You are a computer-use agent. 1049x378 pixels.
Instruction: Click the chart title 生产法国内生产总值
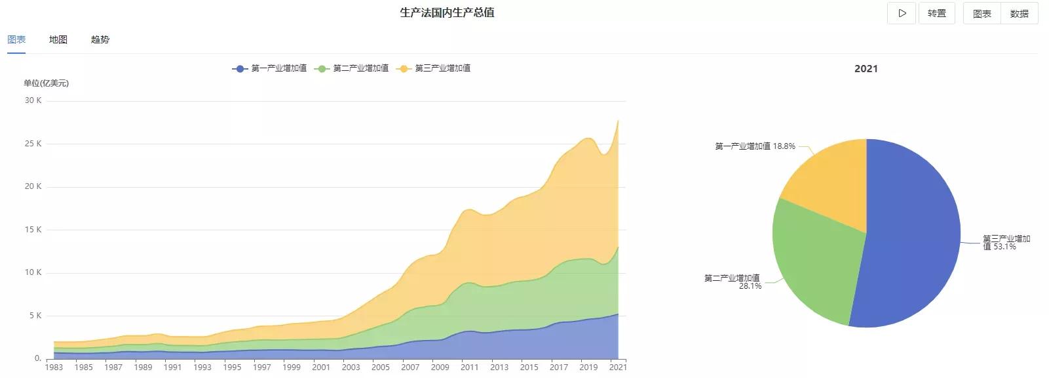point(447,12)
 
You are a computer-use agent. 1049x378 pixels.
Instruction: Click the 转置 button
point(936,13)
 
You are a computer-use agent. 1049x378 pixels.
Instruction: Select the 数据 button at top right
point(1019,13)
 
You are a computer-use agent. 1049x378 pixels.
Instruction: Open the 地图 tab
point(58,39)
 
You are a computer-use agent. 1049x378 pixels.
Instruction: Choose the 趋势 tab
point(100,39)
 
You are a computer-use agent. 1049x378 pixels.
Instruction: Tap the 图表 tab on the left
point(16,39)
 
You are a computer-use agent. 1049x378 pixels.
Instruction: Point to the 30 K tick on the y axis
point(33,100)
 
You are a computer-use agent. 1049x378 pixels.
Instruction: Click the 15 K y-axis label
point(33,230)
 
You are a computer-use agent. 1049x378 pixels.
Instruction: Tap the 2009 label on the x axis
point(440,367)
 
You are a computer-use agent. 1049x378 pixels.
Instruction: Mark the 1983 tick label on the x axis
point(54,367)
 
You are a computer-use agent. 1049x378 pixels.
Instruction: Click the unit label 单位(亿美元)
point(46,83)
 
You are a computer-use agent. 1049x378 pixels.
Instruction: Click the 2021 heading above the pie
point(866,69)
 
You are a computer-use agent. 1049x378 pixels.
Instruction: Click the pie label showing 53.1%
point(1006,243)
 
